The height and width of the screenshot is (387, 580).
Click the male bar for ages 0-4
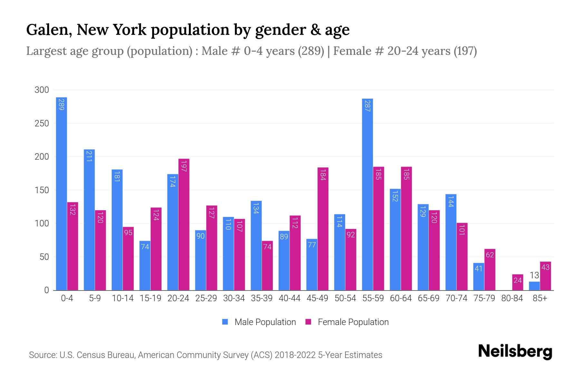pyautogui.click(x=62, y=193)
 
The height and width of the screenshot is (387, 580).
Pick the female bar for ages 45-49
pyautogui.click(x=323, y=229)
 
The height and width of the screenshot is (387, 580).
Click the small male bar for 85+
pyautogui.click(x=534, y=286)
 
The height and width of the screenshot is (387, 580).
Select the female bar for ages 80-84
pyautogui.click(x=517, y=283)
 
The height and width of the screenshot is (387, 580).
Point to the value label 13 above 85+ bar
pyautogui.click(x=534, y=275)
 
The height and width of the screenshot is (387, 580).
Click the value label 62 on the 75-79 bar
pyautogui.click(x=490, y=255)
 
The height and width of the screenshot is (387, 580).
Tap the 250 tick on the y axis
pyautogui.click(x=42, y=124)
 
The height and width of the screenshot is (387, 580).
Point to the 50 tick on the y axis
pyautogui.click(x=44, y=257)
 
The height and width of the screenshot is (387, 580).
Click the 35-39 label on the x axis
pyautogui.click(x=262, y=298)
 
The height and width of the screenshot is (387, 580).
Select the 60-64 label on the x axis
pyautogui.click(x=401, y=298)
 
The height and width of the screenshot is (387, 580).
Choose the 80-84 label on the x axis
pyautogui.click(x=512, y=298)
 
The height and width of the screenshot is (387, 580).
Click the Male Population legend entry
pyautogui.click(x=265, y=322)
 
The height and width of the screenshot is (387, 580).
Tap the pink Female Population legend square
pyautogui.click(x=308, y=322)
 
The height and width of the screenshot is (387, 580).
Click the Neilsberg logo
pyautogui.click(x=515, y=352)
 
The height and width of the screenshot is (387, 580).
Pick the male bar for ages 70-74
pyautogui.click(x=451, y=242)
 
